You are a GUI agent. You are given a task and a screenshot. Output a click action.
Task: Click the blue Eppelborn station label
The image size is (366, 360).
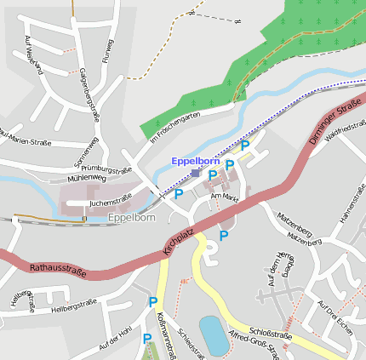196,160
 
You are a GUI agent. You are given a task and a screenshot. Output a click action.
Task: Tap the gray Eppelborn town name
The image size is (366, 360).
132,218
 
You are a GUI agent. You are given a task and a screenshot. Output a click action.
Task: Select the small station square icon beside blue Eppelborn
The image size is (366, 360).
195,173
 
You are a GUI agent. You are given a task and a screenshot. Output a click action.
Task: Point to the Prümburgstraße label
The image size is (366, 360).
107,169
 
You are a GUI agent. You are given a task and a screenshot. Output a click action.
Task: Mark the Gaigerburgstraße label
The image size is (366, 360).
84,90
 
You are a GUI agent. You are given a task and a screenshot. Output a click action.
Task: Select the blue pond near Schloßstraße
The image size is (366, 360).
213,333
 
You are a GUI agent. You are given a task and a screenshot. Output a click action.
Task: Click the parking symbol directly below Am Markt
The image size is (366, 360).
224,235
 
